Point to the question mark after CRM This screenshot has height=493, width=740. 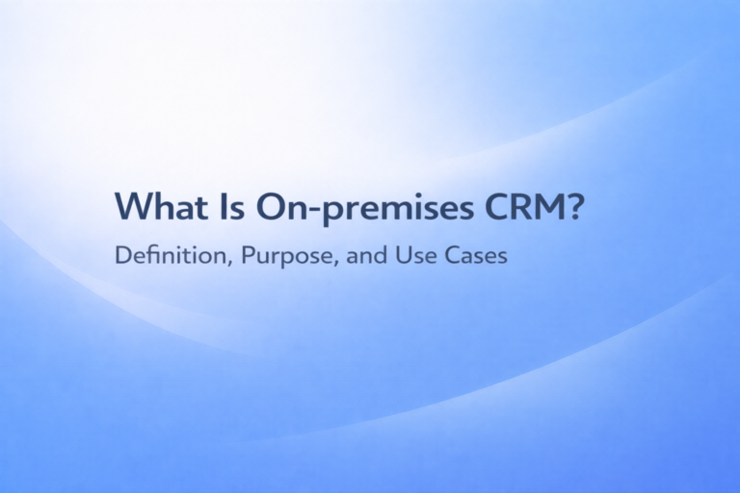click(x=575, y=207)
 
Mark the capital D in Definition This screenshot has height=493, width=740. click(x=121, y=258)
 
